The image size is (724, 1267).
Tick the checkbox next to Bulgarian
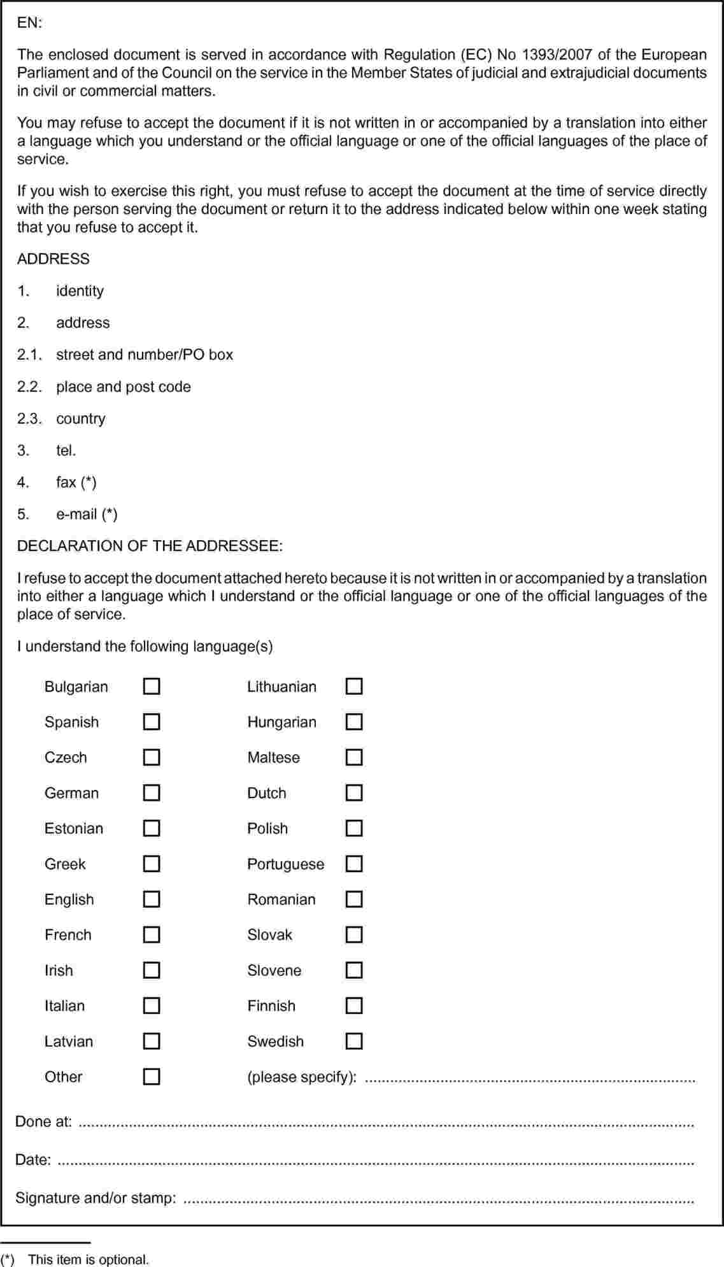pos(152,686)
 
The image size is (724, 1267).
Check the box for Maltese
pos(354,757)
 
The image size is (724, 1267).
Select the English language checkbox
pos(152,899)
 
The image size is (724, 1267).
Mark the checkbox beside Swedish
pos(354,1041)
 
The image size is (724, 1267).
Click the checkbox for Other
pos(152,1077)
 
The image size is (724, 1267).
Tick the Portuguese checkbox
pos(354,864)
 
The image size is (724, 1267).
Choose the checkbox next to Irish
pos(152,970)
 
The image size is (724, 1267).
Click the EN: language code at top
pos(29,23)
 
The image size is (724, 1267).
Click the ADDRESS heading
pos(53,259)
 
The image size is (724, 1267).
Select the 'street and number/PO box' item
pos(145,355)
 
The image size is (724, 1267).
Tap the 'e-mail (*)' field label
pos(87,514)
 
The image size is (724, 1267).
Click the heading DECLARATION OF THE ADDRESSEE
pos(150,546)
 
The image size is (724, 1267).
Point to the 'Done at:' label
pos(43,1122)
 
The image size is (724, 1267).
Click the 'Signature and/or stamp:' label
pos(96,1198)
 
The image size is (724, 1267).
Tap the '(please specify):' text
pos(302,1077)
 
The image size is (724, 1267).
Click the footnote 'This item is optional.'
pos(88,1259)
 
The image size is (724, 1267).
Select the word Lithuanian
pos(281,687)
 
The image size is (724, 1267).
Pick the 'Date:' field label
pos(33,1160)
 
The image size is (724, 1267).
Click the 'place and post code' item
pos(124,387)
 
